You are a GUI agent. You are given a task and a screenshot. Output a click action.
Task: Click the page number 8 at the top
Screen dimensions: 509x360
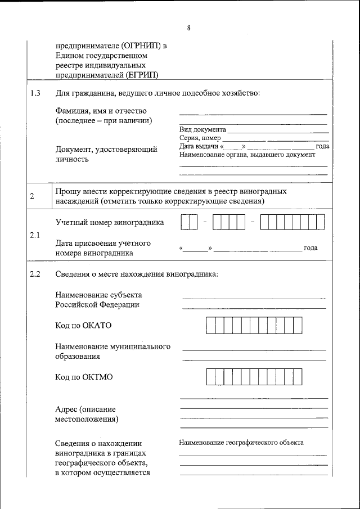188,28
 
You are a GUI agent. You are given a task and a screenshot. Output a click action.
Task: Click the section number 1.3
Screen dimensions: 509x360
35,93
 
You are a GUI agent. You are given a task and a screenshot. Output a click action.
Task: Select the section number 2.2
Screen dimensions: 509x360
35,274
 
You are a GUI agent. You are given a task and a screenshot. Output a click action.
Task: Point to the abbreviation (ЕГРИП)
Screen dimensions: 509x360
139,74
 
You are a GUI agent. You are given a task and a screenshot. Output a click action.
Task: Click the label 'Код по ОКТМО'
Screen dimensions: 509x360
84,377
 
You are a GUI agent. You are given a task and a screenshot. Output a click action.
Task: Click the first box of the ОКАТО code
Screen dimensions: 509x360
210,326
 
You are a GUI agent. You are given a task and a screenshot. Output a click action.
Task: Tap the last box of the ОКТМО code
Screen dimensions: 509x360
298,376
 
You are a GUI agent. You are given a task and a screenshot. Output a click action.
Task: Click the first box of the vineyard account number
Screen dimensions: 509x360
186,223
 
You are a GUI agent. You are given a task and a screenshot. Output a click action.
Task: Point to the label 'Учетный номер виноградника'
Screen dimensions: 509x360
110,222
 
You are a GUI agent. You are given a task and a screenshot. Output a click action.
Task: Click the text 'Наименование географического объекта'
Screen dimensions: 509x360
241,443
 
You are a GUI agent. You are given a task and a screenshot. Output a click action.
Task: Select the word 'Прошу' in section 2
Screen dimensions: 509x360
67,191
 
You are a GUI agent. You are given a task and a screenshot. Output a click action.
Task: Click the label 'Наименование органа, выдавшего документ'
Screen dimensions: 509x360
247,155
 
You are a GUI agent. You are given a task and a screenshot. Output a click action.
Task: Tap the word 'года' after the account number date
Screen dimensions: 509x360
310,248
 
